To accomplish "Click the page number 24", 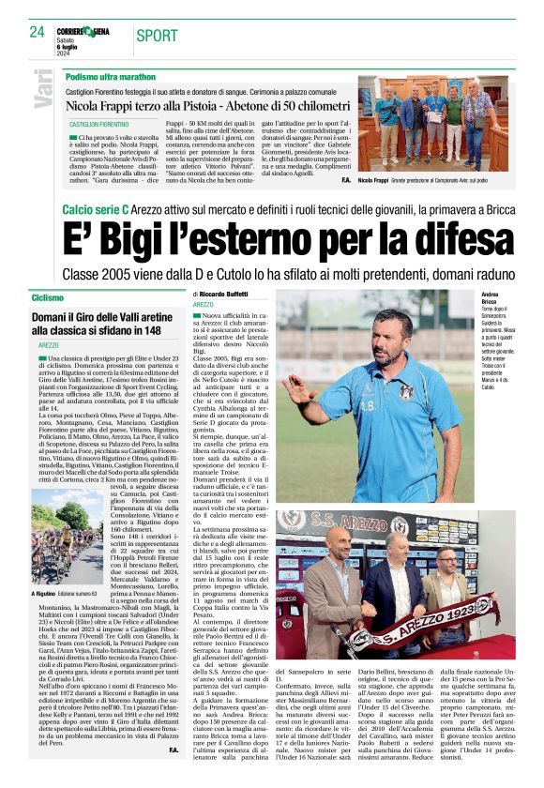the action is [x=37, y=32].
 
